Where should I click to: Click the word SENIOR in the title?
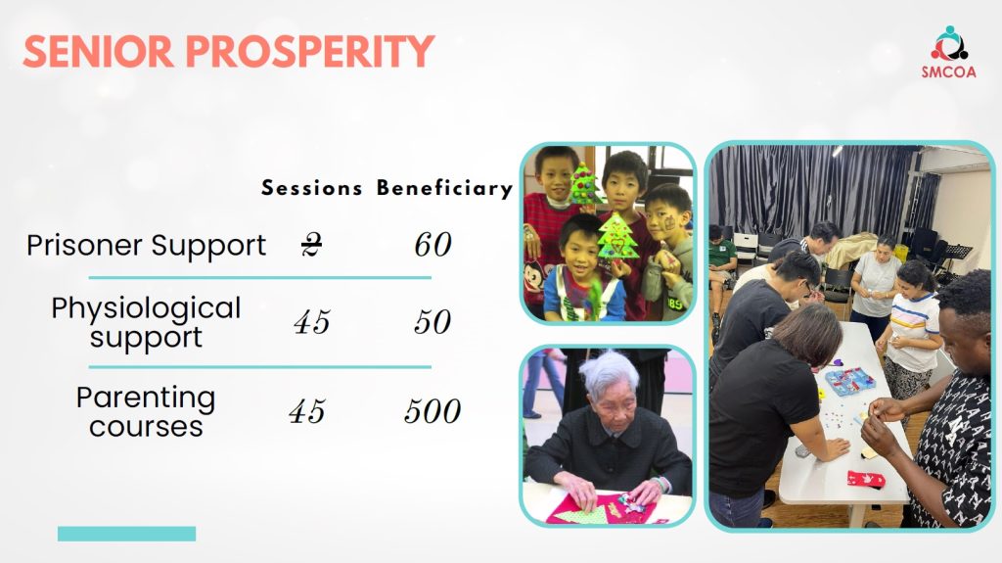pos(98,51)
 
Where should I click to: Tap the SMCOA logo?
pos(949,52)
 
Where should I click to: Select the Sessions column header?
pos(312,188)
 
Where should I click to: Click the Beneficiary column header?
pos(445,188)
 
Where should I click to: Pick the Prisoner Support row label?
pos(147,245)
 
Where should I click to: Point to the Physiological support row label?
pos(147,322)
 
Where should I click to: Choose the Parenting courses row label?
pos(147,411)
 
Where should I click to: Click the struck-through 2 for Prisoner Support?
pos(311,245)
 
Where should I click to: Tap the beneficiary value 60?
pos(433,245)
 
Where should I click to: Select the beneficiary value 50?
pos(433,322)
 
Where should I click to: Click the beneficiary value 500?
pos(433,411)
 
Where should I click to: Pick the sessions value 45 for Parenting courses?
pos(307,411)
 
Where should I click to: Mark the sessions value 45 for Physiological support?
pos(312,322)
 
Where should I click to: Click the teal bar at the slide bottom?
pos(126,534)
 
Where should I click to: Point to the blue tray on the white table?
pos(850,381)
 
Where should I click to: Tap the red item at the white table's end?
pos(866,479)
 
